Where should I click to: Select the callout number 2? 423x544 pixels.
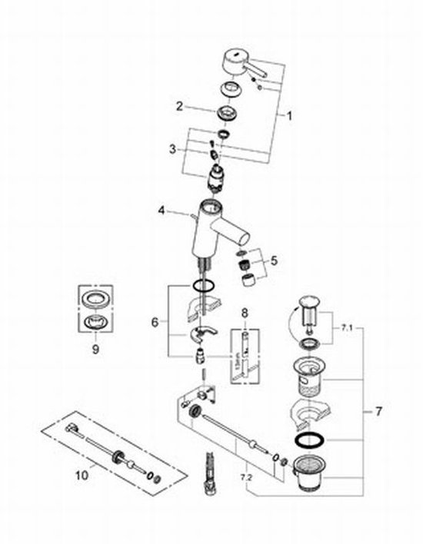point(178,105)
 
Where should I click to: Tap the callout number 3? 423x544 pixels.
point(174,148)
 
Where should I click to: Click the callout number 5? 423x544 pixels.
point(275,261)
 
